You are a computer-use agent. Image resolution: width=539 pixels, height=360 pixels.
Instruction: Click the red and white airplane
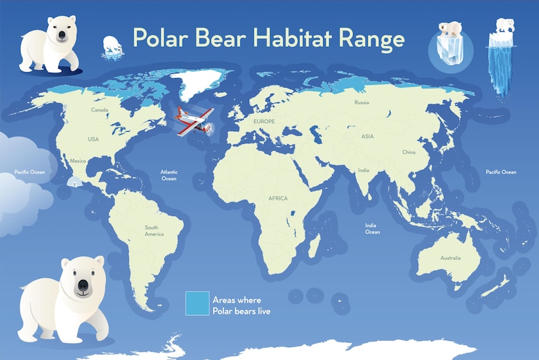pyautogui.click(x=194, y=121)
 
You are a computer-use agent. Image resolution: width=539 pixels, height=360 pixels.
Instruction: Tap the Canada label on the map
pyautogui.click(x=100, y=110)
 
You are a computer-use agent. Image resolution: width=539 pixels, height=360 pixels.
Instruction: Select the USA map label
pyautogui.click(x=93, y=139)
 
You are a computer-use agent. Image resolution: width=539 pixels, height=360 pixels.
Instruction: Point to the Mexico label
pyautogui.click(x=78, y=161)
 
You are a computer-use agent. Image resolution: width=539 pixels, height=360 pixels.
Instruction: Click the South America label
pyautogui.click(x=154, y=231)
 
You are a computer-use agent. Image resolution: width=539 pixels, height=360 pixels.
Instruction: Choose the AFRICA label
pyautogui.click(x=278, y=198)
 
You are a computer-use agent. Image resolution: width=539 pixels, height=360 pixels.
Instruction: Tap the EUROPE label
pyautogui.click(x=263, y=121)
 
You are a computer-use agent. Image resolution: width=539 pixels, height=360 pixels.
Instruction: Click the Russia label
pyautogui.click(x=361, y=103)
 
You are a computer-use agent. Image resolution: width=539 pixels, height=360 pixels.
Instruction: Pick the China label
pyautogui.click(x=409, y=152)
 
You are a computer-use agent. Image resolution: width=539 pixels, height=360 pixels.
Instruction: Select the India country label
pyautogui.click(x=364, y=170)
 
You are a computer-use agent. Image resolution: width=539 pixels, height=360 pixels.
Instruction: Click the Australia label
pyautogui.click(x=450, y=258)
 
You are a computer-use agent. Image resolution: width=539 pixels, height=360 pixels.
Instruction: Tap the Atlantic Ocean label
pyautogui.click(x=169, y=175)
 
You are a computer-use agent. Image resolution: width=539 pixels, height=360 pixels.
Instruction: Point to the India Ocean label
pyautogui.click(x=372, y=228)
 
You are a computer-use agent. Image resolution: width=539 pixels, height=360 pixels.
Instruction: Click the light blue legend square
pyautogui.click(x=197, y=303)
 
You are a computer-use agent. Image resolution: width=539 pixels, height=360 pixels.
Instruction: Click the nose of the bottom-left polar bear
pyautogui.click(x=82, y=287)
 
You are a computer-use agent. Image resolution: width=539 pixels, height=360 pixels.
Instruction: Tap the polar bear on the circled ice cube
pyautogui.click(x=449, y=29)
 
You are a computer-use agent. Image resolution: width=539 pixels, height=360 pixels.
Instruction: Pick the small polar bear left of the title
pyautogui.click(x=113, y=45)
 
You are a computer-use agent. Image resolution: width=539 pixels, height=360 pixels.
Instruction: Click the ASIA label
pyautogui.click(x=367, y=137)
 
